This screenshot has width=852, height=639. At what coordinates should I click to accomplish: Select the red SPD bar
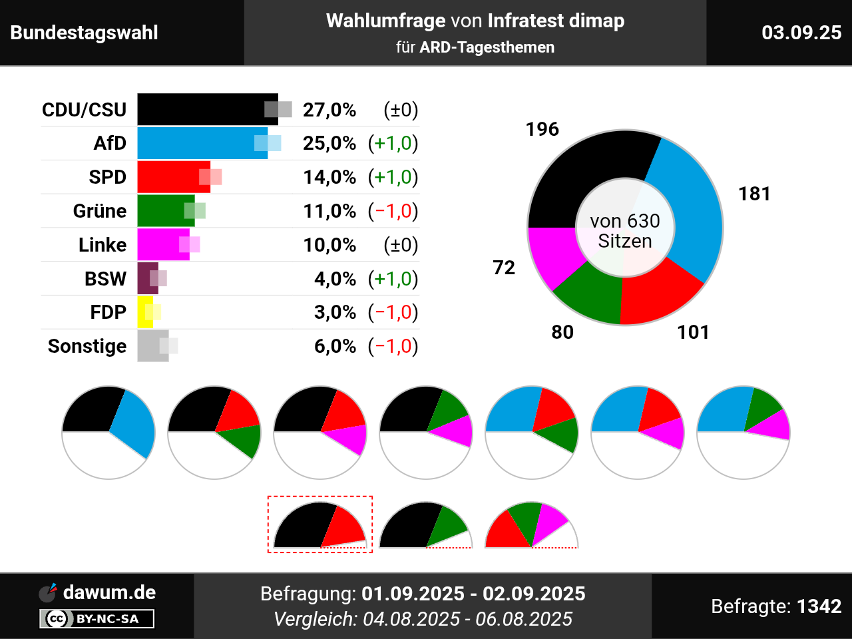tap(170, 177)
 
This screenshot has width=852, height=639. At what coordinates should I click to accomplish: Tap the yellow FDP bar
tap(144, 312)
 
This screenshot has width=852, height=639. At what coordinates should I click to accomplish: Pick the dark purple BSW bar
tap(145, 278)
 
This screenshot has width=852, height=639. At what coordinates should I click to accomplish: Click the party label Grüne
tap(100, 211)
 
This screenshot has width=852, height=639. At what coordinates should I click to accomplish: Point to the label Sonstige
tap(87, 346)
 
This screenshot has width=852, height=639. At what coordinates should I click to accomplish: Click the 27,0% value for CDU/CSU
tap(329, 110)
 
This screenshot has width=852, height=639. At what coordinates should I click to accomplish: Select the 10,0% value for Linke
tap(329, 245)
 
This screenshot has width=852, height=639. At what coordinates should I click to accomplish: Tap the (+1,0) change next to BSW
tap(393, 279)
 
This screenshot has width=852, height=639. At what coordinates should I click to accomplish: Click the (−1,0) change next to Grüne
tap(393, 211)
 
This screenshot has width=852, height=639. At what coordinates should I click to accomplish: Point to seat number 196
tap(542, 129)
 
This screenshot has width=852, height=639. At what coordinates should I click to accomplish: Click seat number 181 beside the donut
tap(754, 194)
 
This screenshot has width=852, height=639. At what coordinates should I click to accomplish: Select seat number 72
tap(504, 268)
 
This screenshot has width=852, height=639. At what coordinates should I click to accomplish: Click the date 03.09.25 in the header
tap(801, 33)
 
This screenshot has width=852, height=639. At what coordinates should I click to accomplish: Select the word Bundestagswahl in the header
tap(85, 33)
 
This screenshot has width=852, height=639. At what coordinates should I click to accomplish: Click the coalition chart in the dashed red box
tap(319, 526)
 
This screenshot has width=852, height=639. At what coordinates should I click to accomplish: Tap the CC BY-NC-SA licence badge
tap(97, 618)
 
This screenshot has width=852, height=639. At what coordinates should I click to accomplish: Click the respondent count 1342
tap(819, 606)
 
